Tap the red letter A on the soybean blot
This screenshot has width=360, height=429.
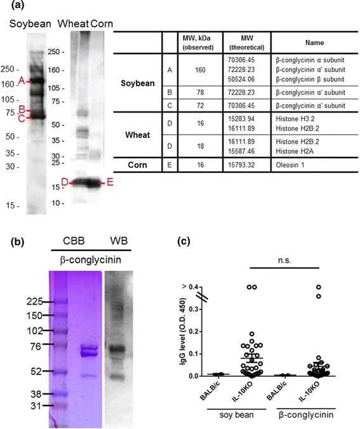coord(22,81)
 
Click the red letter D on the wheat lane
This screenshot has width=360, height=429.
coord(65,183)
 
